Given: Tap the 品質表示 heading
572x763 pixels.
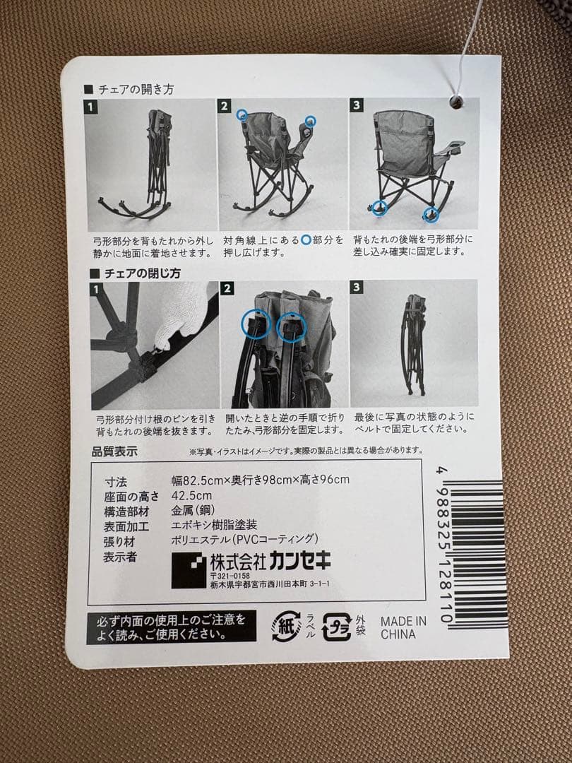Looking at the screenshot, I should [x=114, y=451].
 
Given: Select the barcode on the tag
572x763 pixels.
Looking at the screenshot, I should [x=477, y=555].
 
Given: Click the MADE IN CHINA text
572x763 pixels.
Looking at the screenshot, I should [x=403, y=627].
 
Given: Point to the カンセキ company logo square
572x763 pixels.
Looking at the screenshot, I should [x=189, y=569].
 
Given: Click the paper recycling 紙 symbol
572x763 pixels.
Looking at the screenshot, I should [x=287, y=626].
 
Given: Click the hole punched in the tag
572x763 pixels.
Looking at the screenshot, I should [x=455, y=103].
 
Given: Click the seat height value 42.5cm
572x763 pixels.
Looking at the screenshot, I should [x=191, y=496].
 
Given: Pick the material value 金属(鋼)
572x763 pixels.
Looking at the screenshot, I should [x=193, y=511].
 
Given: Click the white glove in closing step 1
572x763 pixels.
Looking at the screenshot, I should [x=182, y=317].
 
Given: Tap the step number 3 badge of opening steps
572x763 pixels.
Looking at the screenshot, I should [x=357, y=105].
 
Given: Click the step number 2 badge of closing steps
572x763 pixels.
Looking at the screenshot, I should [x=227, y=288].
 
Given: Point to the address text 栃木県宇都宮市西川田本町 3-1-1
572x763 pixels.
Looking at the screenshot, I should [x=269, y=584].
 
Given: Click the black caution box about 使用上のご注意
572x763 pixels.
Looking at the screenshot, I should [x=172, y=626].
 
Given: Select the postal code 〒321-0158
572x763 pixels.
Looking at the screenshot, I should [x=230, y=576].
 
